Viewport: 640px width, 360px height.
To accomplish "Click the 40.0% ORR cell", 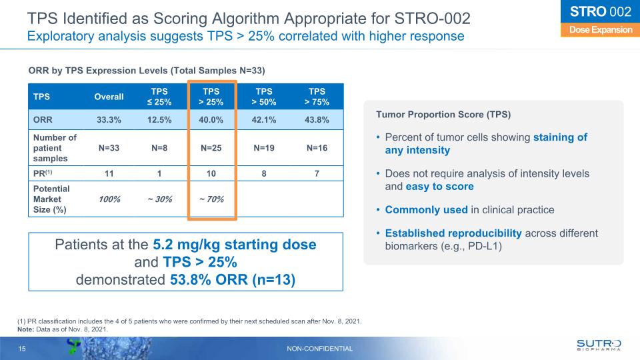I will tap(212, 119).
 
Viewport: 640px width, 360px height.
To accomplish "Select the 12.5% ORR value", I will tap(160, 119).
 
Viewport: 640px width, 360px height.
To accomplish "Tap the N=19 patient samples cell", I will tap(265, 147).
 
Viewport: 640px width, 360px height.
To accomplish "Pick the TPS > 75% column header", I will tap(317, 97).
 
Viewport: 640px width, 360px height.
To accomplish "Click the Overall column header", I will tap(109, 97).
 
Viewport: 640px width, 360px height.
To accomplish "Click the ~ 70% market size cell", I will tap(212, 199).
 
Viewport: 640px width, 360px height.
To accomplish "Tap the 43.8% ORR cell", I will tap(317, 119).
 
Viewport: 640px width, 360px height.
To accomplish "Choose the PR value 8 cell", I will tap(265, 173).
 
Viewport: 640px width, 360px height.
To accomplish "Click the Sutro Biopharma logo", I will tap(599, 345).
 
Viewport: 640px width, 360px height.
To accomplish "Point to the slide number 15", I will tap(23, 349).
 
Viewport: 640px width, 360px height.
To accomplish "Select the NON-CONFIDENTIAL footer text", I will tap(320, 349).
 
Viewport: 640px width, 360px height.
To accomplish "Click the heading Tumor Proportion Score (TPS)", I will tap(443, 115).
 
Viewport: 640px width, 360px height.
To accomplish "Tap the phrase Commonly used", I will tap(426, 210).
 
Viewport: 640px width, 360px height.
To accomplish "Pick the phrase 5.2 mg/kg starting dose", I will tap(234, 245).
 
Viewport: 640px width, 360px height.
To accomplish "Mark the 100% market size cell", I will tap(109, 199).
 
